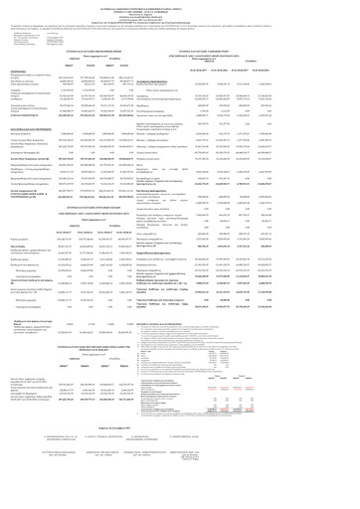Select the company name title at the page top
point(180,3)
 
